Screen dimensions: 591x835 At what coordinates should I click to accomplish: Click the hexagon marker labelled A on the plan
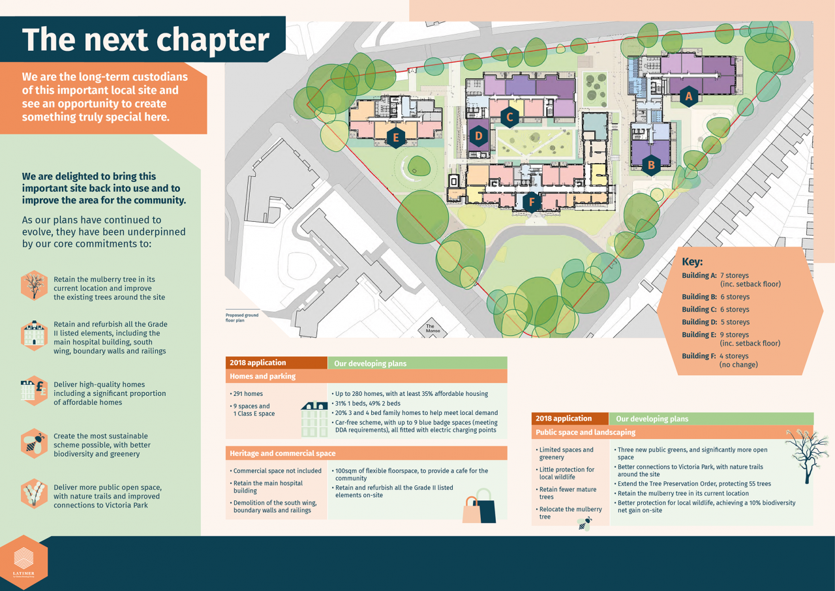[688, 97]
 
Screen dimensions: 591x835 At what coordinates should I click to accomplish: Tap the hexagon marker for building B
[650, 165]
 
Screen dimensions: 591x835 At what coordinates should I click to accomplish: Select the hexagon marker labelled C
[509, 117]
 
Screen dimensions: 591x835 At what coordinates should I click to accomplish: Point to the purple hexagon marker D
[479, 136]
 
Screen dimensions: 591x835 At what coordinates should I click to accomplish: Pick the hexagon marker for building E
[393, 137]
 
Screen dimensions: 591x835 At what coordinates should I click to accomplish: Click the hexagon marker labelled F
[532, 202]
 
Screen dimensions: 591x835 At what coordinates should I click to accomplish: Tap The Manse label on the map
[430, 329]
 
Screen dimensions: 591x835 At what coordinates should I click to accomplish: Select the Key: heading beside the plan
[692, 262]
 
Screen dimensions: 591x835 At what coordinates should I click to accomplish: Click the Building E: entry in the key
[699, 335]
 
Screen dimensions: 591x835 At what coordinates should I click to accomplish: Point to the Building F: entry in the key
[699, 356]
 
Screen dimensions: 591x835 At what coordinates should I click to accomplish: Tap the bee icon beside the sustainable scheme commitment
[33, 444]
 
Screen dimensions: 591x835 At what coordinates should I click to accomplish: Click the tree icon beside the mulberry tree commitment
[33, 285]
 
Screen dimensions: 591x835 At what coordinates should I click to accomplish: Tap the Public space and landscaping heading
[585, 432]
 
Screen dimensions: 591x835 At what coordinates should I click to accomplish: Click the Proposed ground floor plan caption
[242, 318]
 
